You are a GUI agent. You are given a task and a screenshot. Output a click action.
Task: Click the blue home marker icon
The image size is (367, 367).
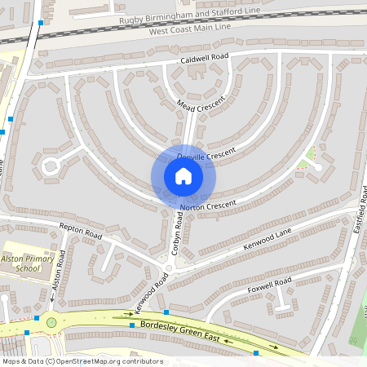pos(183,175)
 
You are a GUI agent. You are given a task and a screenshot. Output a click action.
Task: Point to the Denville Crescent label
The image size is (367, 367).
pos(206,154)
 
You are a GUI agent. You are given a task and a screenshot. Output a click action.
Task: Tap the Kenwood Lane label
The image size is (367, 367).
pos(268,241)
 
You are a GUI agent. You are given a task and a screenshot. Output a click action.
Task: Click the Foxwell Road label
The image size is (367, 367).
pos(270,286)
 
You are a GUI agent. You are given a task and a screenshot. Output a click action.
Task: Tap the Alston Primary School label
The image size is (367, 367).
pos(22,263)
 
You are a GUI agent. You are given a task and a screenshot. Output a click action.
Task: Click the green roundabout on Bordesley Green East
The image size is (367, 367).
pos(51,323)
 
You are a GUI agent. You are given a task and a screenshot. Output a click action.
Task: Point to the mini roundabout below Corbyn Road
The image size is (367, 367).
pos(169,268)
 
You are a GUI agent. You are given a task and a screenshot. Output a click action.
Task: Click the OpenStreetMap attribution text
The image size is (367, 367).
pos(82,361)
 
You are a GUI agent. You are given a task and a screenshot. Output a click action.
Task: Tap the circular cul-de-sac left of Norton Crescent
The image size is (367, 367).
pos(51,167)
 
